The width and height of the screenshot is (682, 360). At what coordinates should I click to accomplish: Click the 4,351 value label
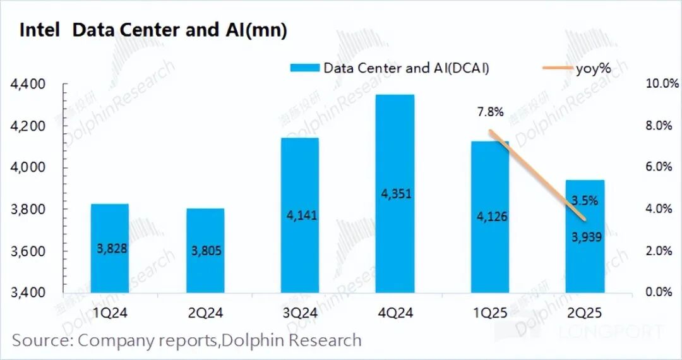(x=396, y=193)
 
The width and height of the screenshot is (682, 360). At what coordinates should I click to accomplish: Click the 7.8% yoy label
(x=490, y=112)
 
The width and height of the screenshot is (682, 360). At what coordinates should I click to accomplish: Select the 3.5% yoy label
(x=585, y=200)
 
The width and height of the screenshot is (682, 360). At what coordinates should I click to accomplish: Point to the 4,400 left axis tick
(x=28, y=84)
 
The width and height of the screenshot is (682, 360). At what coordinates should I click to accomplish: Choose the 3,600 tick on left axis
(x=28, y=251)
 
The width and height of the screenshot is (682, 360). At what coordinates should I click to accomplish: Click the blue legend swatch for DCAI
(x=304, y=68)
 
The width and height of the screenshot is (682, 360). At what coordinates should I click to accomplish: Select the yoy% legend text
(x=593, y=68)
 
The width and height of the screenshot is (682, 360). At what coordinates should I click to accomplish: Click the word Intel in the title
(x=40, y=30)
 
